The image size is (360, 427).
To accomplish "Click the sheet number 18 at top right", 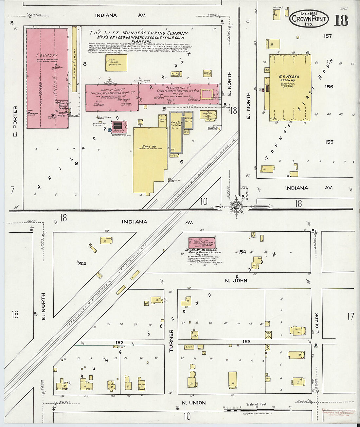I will click(x=341, y=20).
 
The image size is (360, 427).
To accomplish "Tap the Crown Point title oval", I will click(x=309, y=18).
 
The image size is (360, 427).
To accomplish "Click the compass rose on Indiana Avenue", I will click(x=236, y=206).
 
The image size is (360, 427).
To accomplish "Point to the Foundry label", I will click(x=47, y=55).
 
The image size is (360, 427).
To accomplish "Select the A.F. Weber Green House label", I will click(x=289, y=79).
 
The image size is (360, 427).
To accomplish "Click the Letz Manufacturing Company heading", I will click(x=139, y=33).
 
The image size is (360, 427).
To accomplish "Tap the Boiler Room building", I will click(x=119, y=126).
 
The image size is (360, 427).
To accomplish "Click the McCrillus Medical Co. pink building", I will click(x=202, y=243).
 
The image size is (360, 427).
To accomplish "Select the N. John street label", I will click(x=236, y=280).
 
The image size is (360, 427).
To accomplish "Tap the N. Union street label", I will click(x=194, y=403).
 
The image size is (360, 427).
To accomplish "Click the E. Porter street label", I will click(x=15, y=121).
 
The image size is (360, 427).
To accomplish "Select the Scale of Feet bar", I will click(x=257, y=409).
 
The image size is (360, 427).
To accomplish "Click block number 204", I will click(x=82, y=263).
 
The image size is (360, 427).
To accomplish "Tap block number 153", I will click(x=246, y=341).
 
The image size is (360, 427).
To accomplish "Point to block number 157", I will click(x=328, y=36).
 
